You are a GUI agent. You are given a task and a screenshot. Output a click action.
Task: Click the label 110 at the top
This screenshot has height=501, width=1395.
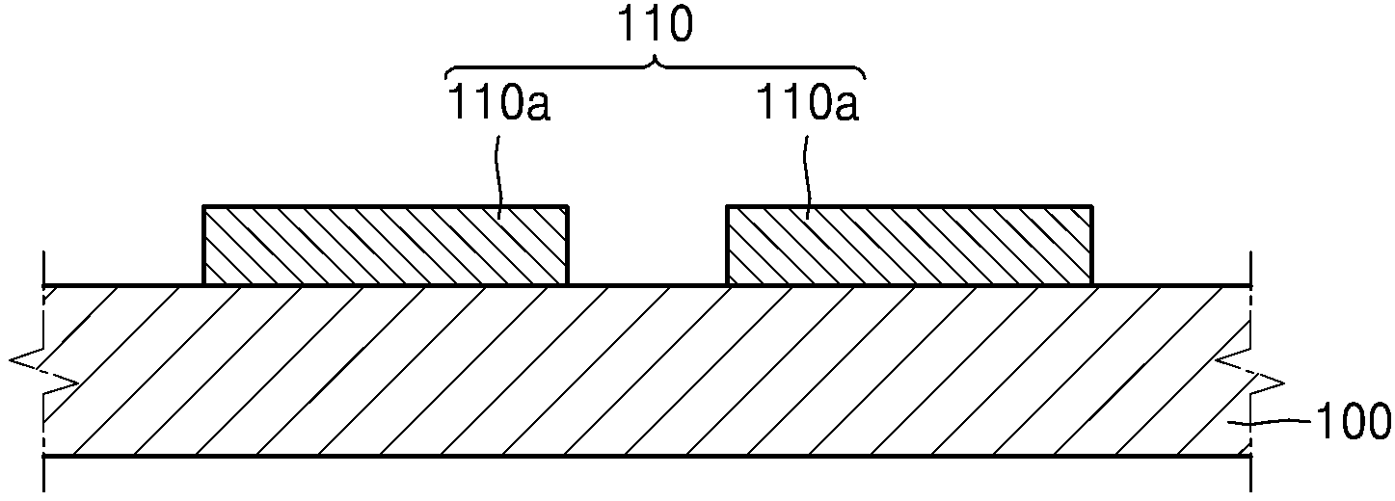(654, 25)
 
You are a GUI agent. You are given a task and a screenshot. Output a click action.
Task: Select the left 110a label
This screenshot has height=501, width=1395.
(498, 103)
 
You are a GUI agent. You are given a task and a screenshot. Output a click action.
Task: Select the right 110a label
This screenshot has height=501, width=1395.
(808, 103)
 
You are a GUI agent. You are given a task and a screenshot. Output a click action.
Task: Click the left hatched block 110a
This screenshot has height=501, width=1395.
(386, 246)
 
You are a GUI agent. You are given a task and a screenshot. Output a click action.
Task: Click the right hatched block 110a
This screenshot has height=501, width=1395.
(909, 246)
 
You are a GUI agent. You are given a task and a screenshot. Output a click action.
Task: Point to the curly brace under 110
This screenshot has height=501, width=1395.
(655, 68)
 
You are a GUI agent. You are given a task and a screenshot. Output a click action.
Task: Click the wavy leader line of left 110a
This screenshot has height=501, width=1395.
(498, 177)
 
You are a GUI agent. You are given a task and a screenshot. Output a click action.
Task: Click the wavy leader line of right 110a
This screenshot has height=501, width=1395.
(808, 177)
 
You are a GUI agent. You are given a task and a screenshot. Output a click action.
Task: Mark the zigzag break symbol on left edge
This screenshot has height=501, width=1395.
(43, 372)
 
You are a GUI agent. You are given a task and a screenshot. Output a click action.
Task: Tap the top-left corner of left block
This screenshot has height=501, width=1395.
(203, 206)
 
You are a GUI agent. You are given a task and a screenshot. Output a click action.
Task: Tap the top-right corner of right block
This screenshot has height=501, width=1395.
(1091, 206)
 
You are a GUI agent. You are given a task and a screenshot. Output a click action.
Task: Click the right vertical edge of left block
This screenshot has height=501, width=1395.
(567, 246)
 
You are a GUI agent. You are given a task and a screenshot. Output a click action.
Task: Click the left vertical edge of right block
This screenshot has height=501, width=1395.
(728, 246)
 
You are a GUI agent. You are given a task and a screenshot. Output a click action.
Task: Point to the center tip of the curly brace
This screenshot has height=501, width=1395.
(655, 59)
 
